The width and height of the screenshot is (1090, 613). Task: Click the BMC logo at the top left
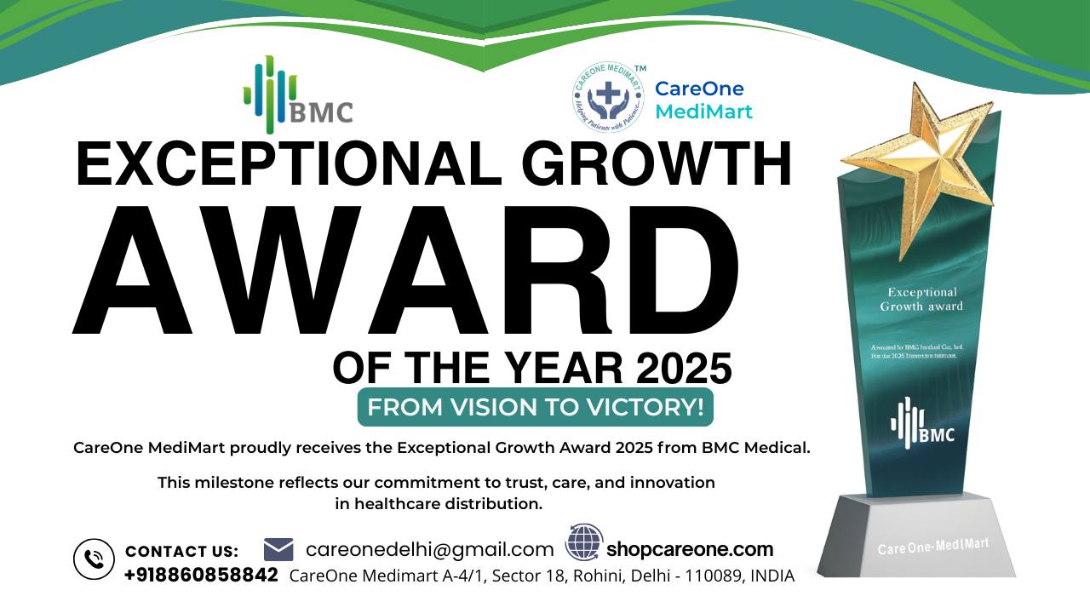pyautogui.click(x=297, y=95)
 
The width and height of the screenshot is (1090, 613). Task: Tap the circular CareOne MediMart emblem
pyautogui.click(x=608, y=96)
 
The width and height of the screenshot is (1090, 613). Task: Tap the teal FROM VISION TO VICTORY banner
pyautogui.click(x=535, y=407)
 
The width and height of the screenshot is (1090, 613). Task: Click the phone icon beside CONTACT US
pyautogui.click(x=94, y=559)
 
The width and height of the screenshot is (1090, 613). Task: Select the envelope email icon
pyautogui.click(x=278, y=549)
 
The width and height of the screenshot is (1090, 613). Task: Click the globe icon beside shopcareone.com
pyautogui.click(x=584, y=542)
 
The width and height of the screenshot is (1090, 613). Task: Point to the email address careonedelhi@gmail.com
pyautogui.click(x=429, y=550)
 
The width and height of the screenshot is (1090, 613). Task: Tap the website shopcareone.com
pyautogui.click(x=690, y=549)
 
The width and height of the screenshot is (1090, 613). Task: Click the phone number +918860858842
pyautogui.click(x=201, y=575)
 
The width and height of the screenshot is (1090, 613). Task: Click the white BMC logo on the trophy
pyautogui.click(x=922, y=425)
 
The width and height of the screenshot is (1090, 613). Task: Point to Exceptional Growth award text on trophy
pyautogui.click(x=921, y=299)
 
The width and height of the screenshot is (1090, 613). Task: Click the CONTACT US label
pyautogui.click(x=181, y=552)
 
